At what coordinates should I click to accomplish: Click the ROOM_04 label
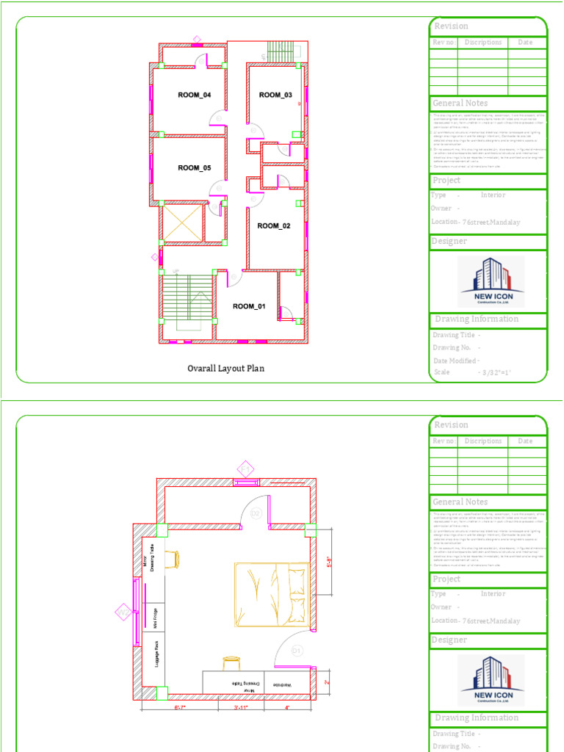(x=194, y=95)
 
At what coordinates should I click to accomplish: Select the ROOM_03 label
(x=275, y=95)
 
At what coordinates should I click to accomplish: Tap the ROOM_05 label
(x=194, y=168)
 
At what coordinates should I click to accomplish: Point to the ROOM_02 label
(x=274, y=226)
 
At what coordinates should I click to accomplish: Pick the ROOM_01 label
(x=249, y=306)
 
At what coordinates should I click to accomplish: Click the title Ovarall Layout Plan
(x=225, y=369)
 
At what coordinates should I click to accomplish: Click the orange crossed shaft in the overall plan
(x=182, y=223)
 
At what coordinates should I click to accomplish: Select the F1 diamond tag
(x=245, y=469)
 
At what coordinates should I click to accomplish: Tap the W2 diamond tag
(x=123, y=611)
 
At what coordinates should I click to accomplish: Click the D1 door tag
(x=297, y=650)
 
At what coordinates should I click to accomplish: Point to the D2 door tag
(x=256, y=513)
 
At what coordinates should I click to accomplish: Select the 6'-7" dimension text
(x=180, y=708)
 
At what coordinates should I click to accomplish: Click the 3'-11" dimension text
(x=240, y=708)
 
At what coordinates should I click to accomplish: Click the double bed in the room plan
(x=271, y=592)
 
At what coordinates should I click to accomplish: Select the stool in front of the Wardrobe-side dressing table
(x=231, y=662)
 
